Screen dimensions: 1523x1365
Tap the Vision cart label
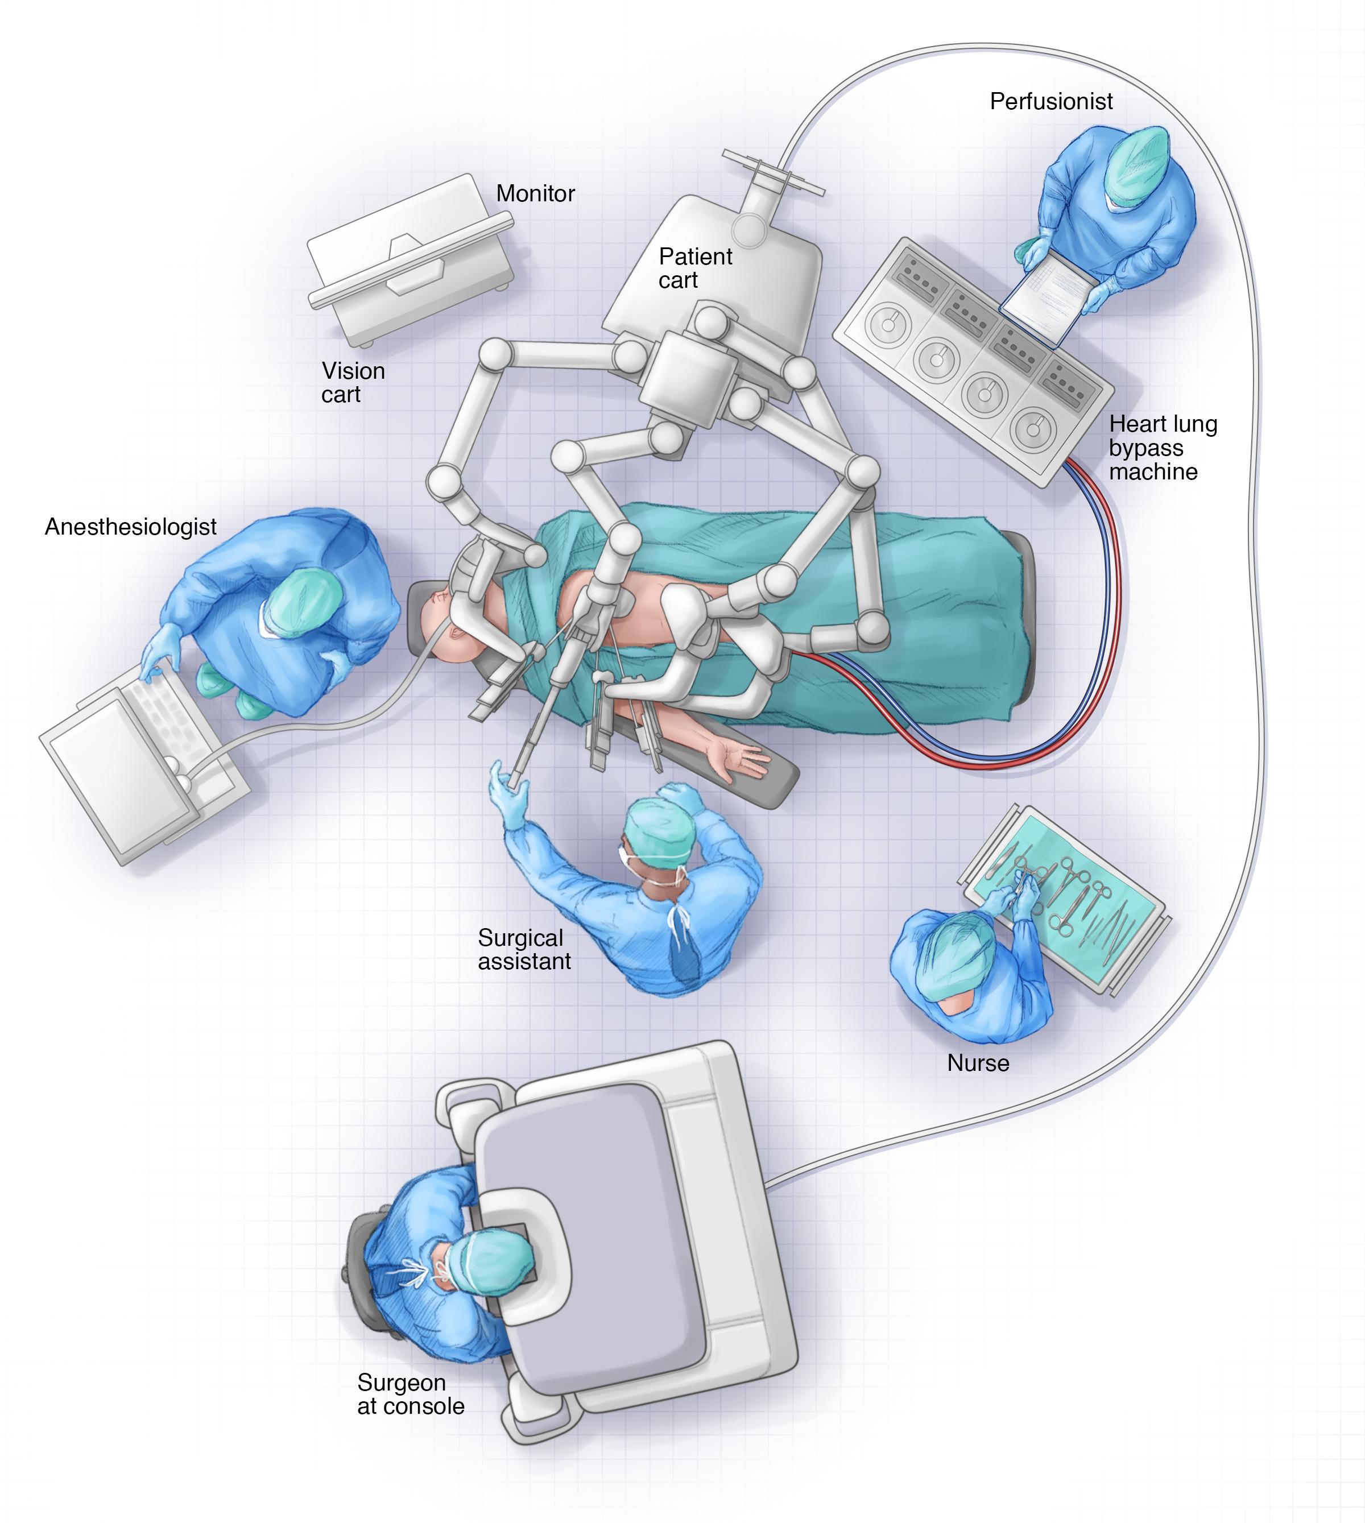coord(353,382)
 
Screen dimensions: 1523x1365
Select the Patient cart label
coord(694,268)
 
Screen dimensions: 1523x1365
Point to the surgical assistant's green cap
coord(659,829)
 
